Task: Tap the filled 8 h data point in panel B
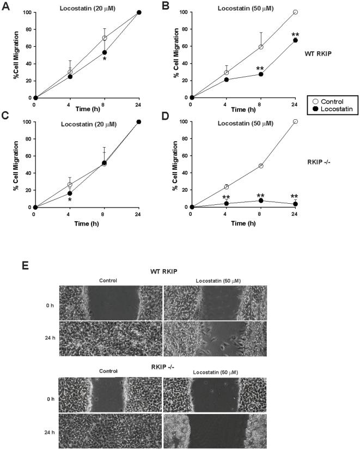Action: (261, 74)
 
